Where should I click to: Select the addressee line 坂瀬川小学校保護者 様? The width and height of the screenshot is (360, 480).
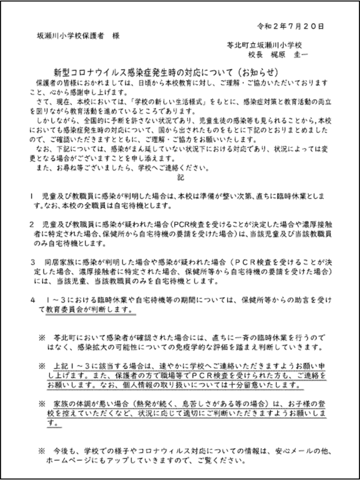pos(77,36)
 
